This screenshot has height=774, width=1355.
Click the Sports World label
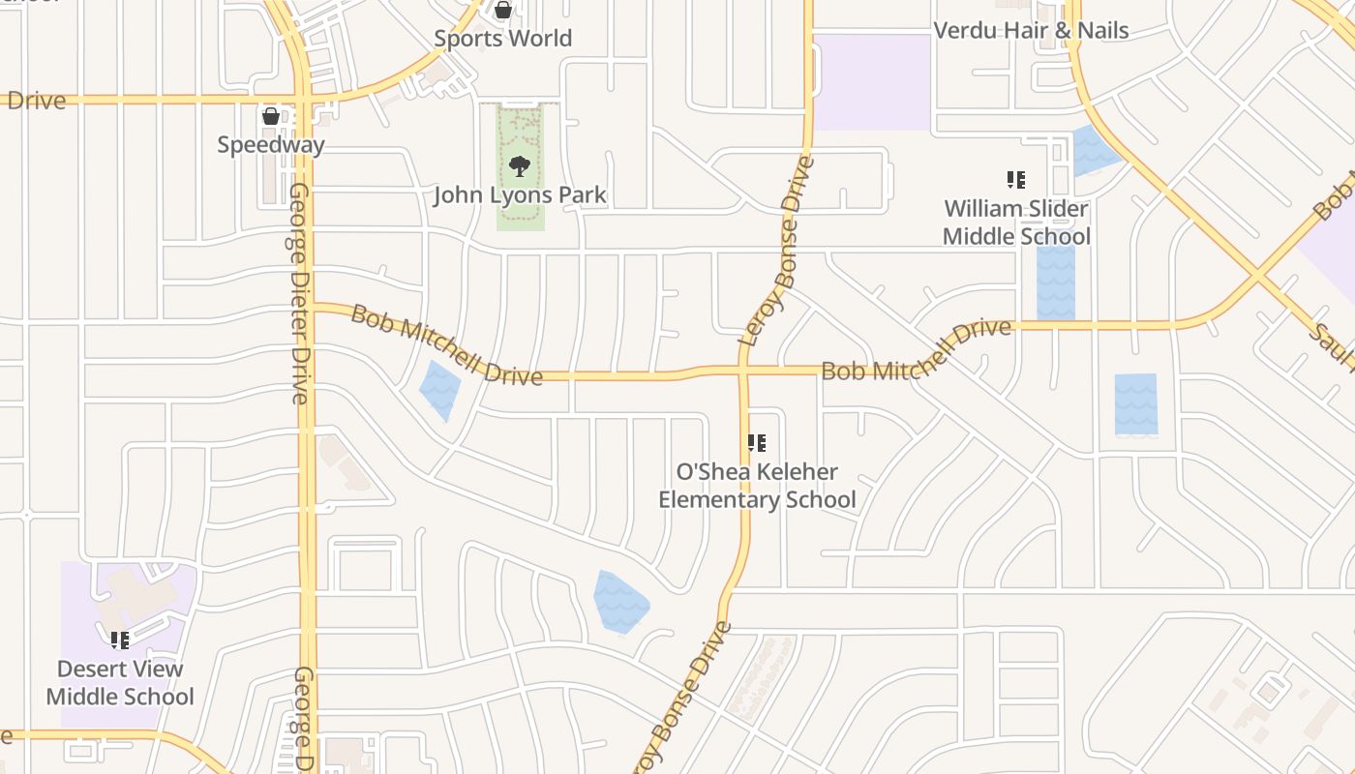(x=502, y=39)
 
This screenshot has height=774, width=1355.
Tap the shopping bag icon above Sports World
(x=502, y=11)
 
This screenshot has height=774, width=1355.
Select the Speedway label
(x=270, y=145)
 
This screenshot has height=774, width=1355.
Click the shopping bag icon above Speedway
(x=270, y=116)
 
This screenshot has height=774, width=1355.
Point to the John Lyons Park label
(x=520, y=195)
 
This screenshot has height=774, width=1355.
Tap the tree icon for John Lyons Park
(x=520, y=166)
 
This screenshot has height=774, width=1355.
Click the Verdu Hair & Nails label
(x=1031, y=31)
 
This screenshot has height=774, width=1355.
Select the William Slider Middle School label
(x=1016, y=223)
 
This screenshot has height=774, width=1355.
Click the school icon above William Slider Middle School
(x=1015, y=180)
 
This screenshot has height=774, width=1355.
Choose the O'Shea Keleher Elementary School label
(x=757, y=486)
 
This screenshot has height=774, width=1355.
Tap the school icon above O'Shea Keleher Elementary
(x=756, y=443)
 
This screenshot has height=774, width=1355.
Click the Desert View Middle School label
(x=120, y=682)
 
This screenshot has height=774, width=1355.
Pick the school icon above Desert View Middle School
(x=119, y=640)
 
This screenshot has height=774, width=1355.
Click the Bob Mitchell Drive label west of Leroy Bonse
(x=446, y=345)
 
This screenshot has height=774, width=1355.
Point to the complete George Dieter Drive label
(x=299, y=292)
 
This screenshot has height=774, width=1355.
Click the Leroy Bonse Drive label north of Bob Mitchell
(x=777, y=252)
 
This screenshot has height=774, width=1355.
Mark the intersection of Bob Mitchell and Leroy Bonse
(x=743, y=371)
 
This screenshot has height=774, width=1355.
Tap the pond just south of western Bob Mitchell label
(x=439, y=389)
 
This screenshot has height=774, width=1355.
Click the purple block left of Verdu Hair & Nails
(x=872, y=82)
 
